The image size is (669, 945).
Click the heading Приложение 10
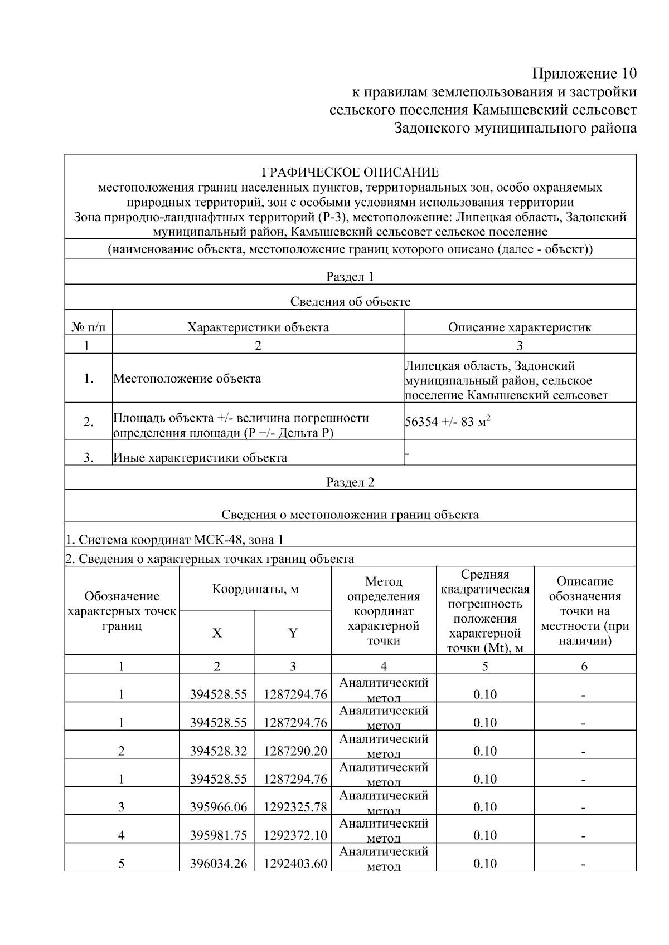[x=584, y=74]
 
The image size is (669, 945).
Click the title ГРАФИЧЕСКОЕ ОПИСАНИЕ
[x=350, y=172]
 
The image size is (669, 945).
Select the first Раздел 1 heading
[x=350, y=277]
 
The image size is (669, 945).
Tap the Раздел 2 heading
[x=350, y=482]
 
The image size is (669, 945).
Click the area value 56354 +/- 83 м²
[x=448, y=422]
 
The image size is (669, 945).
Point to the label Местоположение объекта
[x=187, y=379]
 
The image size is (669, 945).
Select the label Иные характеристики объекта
[x=200, y=458]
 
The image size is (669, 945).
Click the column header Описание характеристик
[x=520, y=327]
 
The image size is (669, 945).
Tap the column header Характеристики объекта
[x=258, y=327]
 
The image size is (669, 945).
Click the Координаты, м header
[x=255, y=589]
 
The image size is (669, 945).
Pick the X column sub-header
[x=217, y=633]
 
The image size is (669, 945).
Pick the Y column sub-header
[x=293, y=633]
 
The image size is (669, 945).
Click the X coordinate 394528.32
[x=218, y=751]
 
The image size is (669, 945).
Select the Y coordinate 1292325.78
[x=295, y=807]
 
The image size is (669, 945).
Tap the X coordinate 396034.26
[x=218, y=864]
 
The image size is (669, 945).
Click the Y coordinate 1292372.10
[x=295, y=835]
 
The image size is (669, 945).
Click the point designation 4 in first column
[x=122, y=835]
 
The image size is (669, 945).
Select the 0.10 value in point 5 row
[x=484, y=864]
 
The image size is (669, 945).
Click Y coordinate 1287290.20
[x=295, y=751]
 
